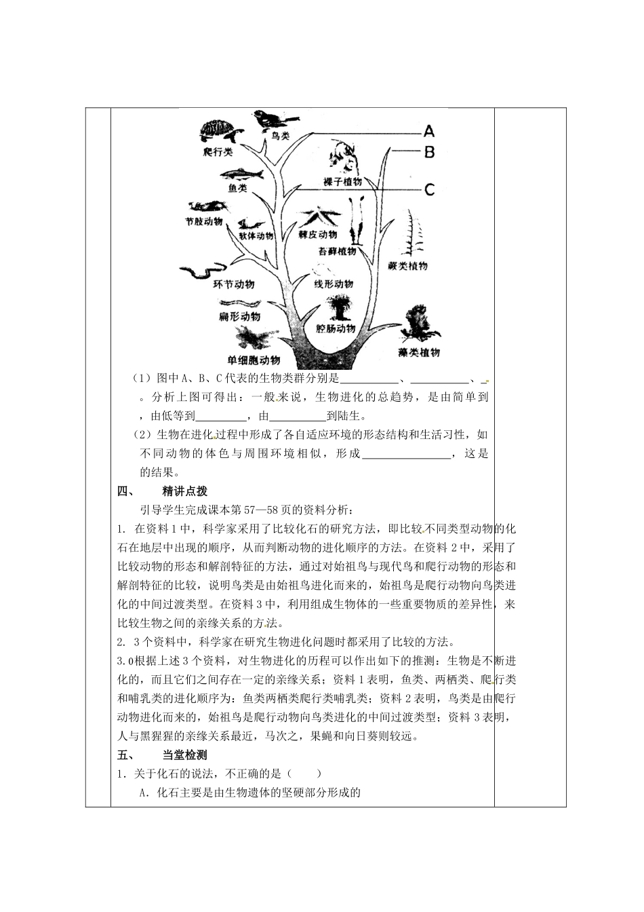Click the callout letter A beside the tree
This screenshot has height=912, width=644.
pos(429,132)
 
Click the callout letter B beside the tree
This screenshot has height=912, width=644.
pos(429,152)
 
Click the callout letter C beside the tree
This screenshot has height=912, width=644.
pos(429,190)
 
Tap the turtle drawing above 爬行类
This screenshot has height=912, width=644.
pos(217,132)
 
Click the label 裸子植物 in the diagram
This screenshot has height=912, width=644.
pos(342,183)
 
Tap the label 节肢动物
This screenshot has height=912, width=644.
pos(203,222)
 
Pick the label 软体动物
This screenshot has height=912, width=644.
pos(256,236)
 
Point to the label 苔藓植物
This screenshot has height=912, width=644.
pos(337,251)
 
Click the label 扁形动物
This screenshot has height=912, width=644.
pos(239,316)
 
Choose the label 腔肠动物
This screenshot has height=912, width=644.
pos(336,328)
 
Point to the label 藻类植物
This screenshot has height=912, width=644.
pos(419,352)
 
